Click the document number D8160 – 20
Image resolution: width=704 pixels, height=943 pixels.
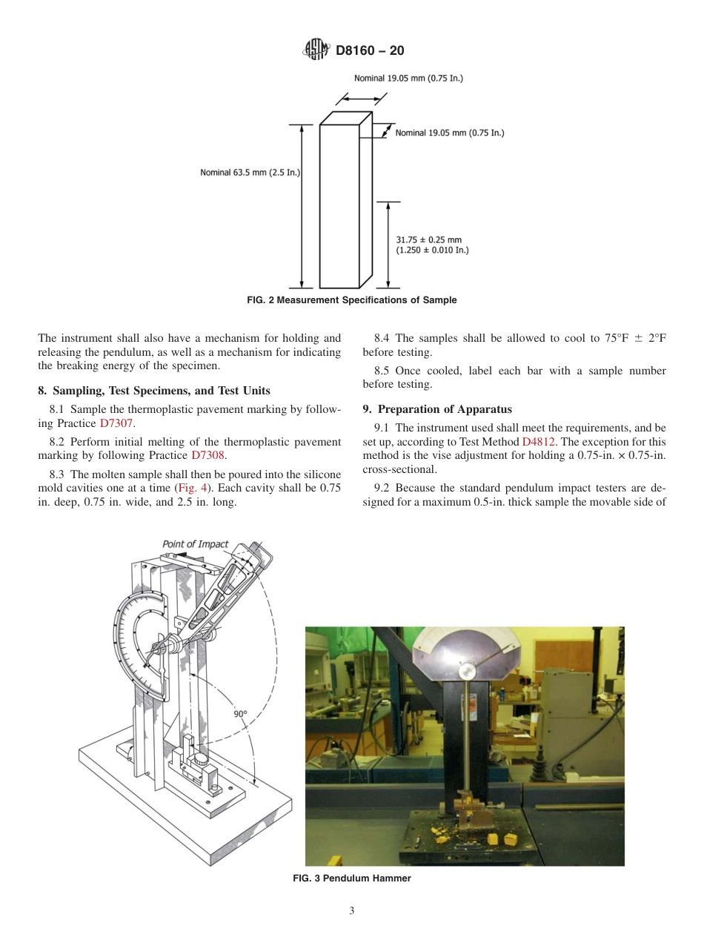(x=369, y=51)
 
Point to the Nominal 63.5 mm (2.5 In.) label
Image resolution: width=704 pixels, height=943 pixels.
(x=249, y=172)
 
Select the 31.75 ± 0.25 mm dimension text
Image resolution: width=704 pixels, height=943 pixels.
(x=428, y=240)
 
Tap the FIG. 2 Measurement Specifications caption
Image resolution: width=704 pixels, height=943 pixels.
(x=351, y=300)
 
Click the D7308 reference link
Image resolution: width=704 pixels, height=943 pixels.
(x=207, y=455)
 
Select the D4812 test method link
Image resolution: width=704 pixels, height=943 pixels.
(x=539, y=441)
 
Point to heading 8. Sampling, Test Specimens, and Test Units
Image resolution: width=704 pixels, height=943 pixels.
(x=153, y=391)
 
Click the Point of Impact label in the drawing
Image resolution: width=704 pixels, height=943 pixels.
(x=196, y=544)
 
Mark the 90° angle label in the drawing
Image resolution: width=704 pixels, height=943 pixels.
(x=240, y=714)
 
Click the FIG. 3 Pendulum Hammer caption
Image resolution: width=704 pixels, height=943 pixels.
(x=351, y=879)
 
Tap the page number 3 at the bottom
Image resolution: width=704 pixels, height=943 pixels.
(x=352, y=911)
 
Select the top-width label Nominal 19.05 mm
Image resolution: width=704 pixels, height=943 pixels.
(x=408, y=78)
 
